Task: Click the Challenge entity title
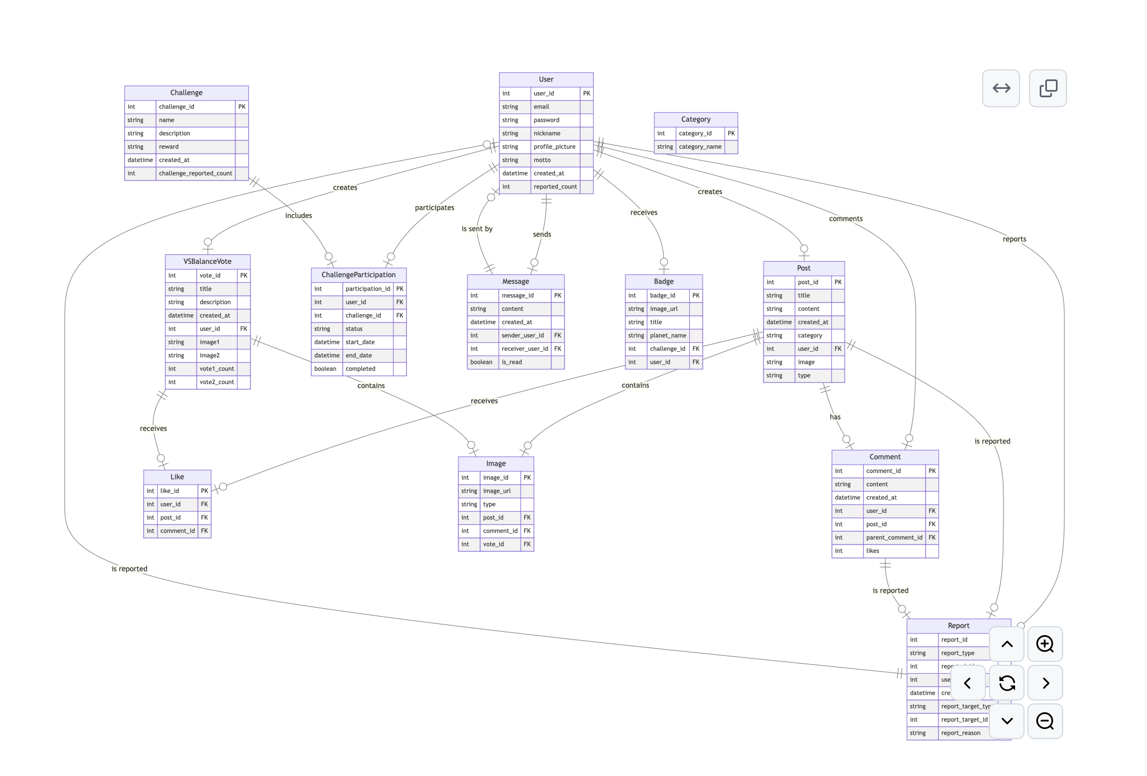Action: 186,93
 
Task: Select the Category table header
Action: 695,120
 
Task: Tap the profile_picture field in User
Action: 554,147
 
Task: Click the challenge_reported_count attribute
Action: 195,173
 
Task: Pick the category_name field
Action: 700,147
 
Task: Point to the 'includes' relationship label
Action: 298,216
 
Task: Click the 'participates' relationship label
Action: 434,208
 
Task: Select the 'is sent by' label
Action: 477,229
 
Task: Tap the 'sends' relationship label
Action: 542,234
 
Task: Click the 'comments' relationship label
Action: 845,219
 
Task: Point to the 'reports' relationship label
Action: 1014,239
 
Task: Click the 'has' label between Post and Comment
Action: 835,417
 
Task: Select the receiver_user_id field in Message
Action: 524,349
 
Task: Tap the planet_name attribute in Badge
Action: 668,335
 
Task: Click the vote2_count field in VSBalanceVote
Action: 216,382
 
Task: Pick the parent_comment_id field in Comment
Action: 894,538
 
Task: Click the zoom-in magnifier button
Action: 1045,644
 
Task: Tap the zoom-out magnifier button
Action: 1045,721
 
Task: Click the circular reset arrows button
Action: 1007,683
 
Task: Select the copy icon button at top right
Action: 1048,88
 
